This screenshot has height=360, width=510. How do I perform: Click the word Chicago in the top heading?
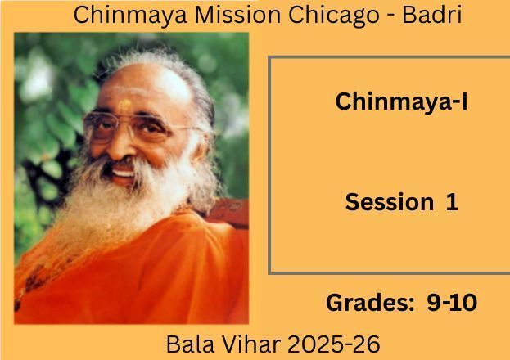(333, 16)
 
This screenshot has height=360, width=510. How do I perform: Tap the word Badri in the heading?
(432, 15)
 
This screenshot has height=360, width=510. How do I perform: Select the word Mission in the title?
(237, 15)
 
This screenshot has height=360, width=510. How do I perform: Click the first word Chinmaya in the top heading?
(130, 16)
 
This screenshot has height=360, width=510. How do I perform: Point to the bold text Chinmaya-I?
(401, 101)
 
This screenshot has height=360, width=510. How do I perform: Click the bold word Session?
(390, 202)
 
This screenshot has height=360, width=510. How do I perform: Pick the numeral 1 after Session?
(452, 202)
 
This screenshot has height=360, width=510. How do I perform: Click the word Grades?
(370, 303)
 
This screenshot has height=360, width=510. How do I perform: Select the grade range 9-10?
(452, 303)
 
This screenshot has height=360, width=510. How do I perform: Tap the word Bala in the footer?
(190, 344)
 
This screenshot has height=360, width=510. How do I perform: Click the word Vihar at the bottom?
(250, 344)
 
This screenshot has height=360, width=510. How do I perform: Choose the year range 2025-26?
(334, 344)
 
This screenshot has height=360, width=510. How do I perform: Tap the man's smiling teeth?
(122, 173)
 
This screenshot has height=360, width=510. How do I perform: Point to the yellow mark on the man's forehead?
(124, 105)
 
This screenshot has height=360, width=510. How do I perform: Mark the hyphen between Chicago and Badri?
(390, 17)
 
